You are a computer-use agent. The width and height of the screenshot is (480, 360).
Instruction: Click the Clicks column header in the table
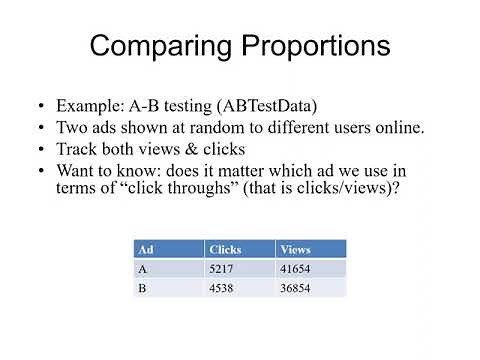tap(226, 249)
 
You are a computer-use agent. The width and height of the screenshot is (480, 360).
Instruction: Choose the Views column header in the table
tap(296, 249)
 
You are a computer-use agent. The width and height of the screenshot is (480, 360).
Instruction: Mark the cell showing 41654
tap(298, 268)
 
